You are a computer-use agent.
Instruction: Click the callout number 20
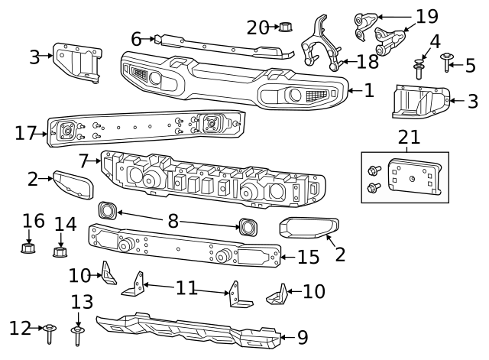pyautogui.click(x=257, y=28)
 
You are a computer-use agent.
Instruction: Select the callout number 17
pyautogui.click(x=26, y=133)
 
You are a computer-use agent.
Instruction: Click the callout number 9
pyautogui.click(x=303, y=336)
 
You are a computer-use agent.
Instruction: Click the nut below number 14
pyautogui.click(x=60, y=251)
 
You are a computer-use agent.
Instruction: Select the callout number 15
pyautogui.click(x=309, y=258)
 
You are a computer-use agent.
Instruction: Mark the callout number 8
pyautogui.click(x=173, y=221)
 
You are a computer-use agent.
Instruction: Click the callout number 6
pyautogui.click(x=137, y=38)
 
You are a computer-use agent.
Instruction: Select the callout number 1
pyautogui.click(x=369, y=91)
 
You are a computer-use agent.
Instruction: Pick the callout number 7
pyautogui.click(x=84, y=161)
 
